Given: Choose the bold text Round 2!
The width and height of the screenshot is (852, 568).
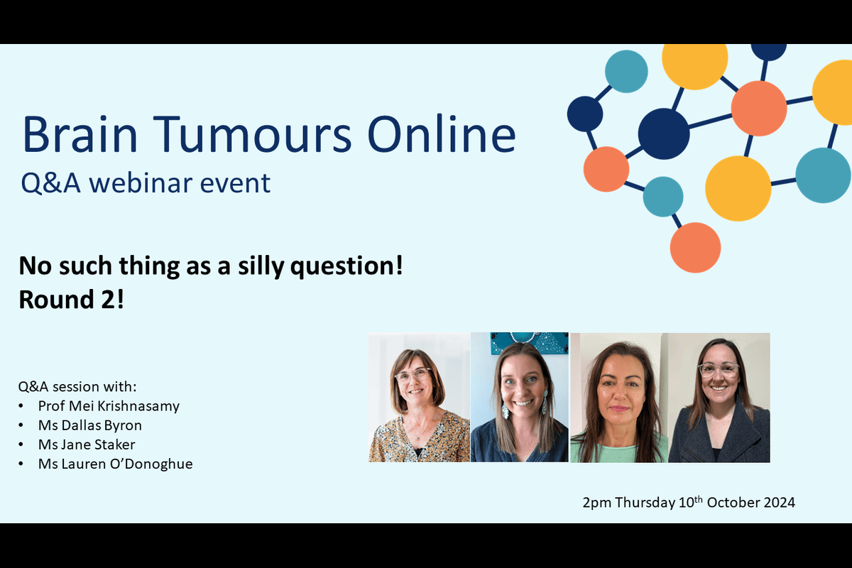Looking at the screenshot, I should coord(71,299).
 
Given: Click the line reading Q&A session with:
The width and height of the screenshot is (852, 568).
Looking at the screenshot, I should coord(77,387).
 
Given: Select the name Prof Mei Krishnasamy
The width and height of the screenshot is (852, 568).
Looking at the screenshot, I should coord(109,406).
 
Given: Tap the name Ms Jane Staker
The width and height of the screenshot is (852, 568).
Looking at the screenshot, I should coord(87,444).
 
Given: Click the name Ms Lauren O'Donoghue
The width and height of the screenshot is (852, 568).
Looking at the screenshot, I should coord(115,464).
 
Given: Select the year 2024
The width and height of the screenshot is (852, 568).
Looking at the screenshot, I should coord(779,503).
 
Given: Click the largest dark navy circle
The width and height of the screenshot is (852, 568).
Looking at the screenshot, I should coord(664,133).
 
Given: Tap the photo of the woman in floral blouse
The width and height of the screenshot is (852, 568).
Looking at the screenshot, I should coord(419,398).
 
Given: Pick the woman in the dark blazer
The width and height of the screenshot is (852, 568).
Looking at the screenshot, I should coord(719,398).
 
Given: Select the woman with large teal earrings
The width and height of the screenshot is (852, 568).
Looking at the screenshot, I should coord(519,398).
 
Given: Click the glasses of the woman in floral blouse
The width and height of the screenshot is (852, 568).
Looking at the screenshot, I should coord(413,375).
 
